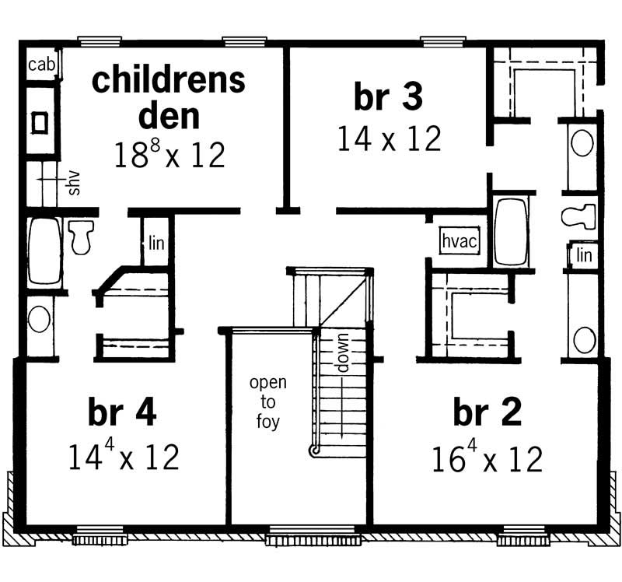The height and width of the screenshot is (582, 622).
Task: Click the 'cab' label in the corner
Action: pos(41,65)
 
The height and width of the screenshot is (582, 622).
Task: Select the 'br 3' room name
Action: pos(388,98)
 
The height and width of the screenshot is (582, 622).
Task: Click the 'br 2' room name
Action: pos(487,413)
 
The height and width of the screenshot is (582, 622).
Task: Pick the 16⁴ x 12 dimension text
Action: pos(487,459)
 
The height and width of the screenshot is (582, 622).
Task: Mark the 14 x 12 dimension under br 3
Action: pos(389,138)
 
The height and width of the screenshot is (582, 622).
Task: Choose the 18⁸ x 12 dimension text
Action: pos(169,154)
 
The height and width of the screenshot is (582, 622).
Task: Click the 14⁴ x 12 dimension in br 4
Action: pos(124,457)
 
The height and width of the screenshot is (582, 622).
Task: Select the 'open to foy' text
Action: pos(267,403)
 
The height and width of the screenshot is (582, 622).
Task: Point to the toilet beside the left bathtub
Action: pos(80,236)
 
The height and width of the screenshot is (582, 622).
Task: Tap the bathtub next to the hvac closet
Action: pos(511,233)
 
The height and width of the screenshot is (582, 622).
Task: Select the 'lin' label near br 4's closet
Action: pos(156,242)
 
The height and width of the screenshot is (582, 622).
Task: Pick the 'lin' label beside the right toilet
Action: pos(585,254)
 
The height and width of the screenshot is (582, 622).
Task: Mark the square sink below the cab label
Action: pos(40,121)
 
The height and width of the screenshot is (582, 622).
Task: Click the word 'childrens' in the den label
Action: pos(169,80)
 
